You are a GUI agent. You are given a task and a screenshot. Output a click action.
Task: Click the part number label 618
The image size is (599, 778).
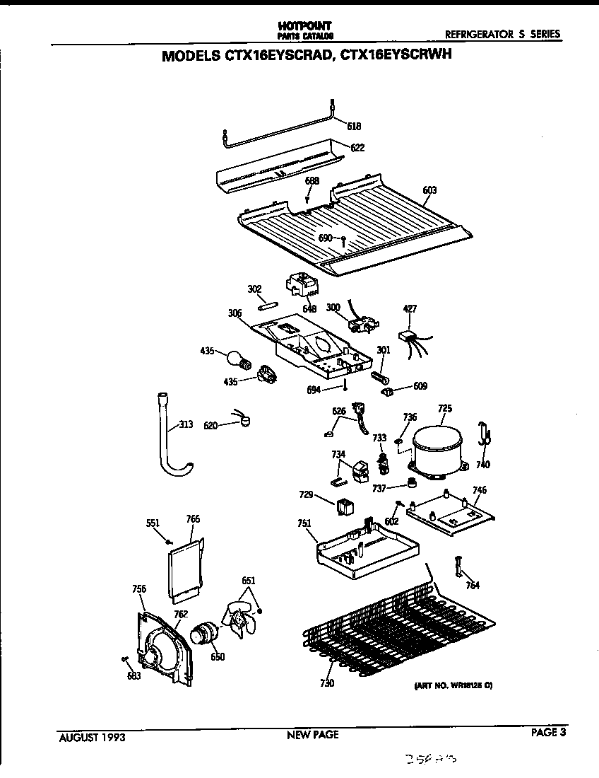[x=354, y=127]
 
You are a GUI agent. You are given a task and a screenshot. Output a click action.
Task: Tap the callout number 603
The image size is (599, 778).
[x=429, y=190]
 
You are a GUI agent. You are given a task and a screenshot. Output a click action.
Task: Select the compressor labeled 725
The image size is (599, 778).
[x=437, y=448]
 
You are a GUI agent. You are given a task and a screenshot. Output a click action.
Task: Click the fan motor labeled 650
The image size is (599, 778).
[x=205, y=632]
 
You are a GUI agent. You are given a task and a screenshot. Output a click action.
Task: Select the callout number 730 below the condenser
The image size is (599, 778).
[x=326, y=683]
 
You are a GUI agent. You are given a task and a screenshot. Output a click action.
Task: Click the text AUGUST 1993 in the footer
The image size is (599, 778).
[x=92, y=736]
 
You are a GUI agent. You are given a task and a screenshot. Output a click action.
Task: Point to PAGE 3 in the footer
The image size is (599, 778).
[x=549, y=733]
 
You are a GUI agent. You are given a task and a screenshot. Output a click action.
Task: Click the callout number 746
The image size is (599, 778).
[x=480, y=490]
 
